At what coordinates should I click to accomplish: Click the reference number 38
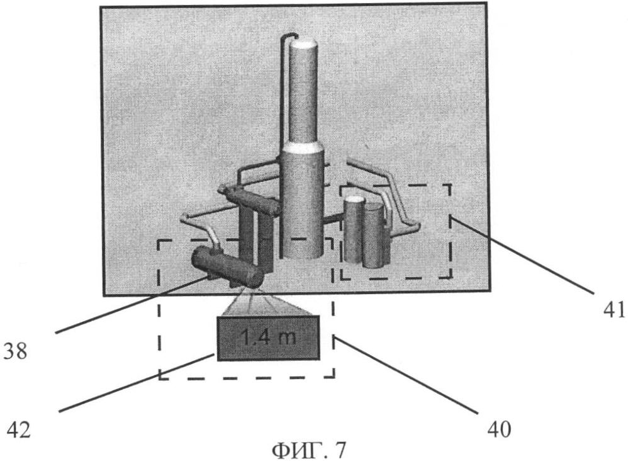click(15, 351)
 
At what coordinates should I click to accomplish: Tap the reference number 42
click(18, 431)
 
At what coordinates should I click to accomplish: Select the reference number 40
click(499, 430)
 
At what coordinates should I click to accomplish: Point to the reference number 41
click(615, 309)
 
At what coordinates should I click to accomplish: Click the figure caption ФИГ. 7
click(308, 450)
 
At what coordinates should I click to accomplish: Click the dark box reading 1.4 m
click(268, 338)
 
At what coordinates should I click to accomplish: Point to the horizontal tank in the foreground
click(227, 266)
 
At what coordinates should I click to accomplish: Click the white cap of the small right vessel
click(354, 199)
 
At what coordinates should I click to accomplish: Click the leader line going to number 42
click(135, 383)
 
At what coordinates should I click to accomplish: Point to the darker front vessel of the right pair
click(374, 235)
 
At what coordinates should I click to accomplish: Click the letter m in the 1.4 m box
click(287, 338)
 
